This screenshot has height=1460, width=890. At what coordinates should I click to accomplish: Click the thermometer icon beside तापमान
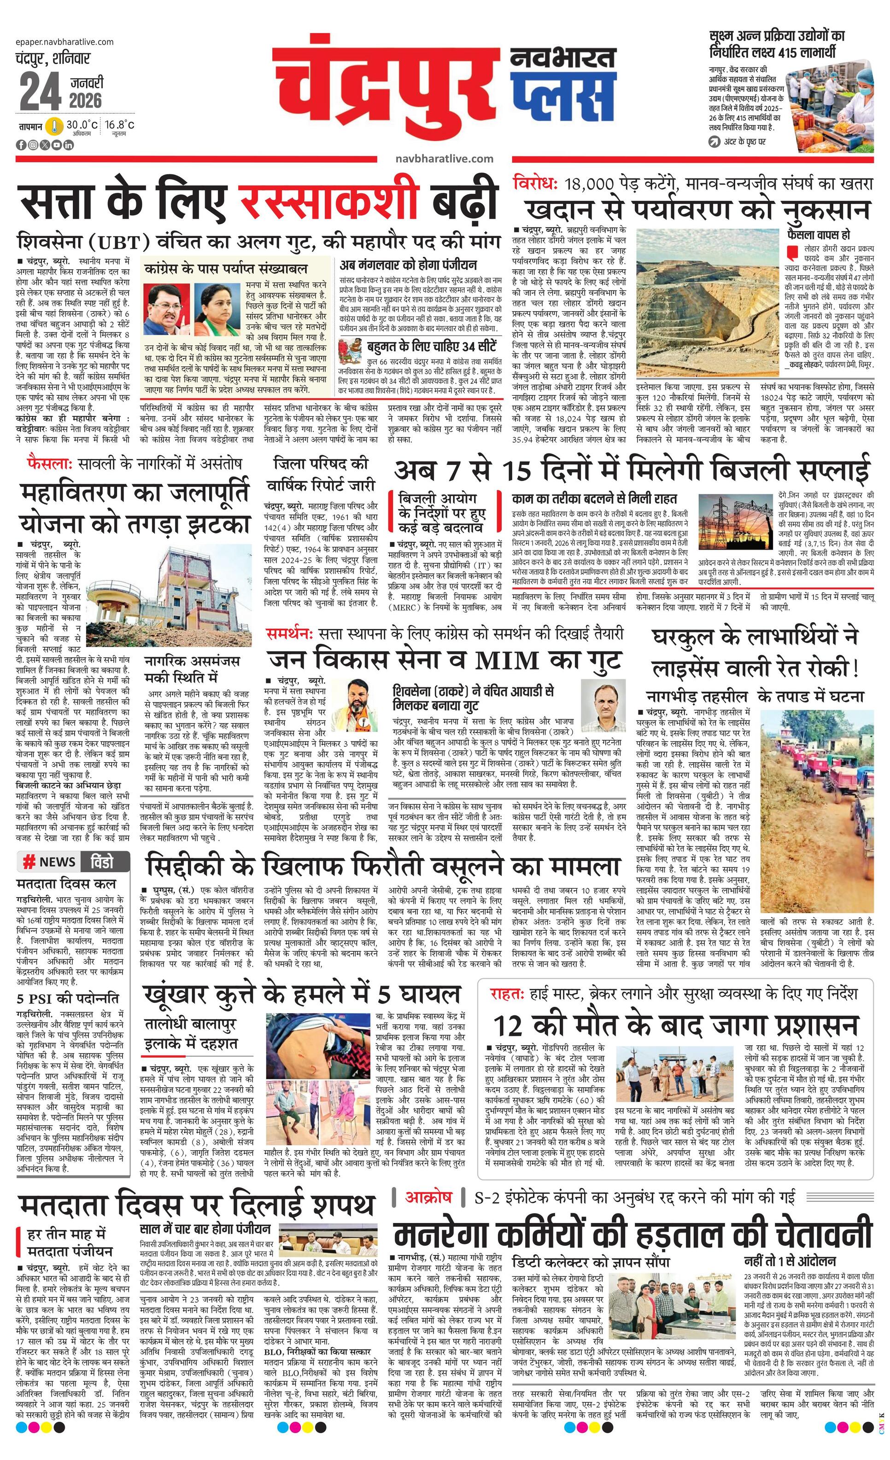pyautogui.click(x=54, y=126)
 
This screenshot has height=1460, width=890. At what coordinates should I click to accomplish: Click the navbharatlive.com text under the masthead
pyautogui.click(x=443, y=159)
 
